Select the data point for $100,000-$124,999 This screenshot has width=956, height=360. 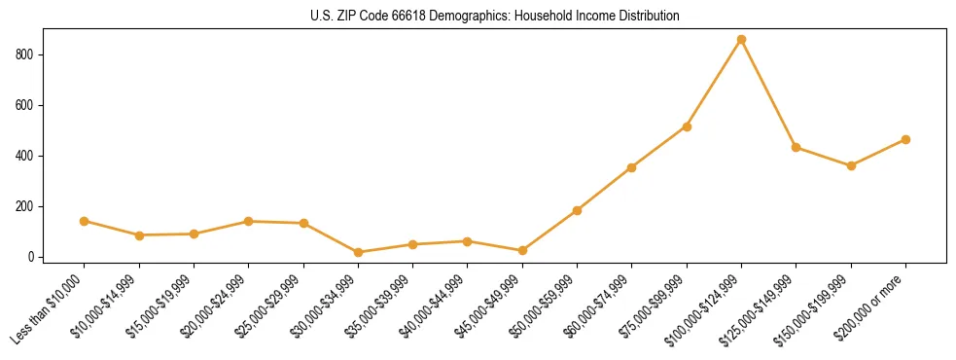[741, 40]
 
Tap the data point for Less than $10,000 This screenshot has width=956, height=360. [85, 221]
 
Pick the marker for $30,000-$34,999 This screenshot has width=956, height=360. [358, 252]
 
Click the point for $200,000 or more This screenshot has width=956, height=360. [905, 139]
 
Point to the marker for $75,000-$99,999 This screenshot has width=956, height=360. [687, 126]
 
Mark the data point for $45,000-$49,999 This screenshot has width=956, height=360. [522, 250]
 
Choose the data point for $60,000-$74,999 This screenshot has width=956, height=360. [632, 167]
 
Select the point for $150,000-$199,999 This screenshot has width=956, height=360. [851, 165]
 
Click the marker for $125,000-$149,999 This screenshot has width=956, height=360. [797, 147]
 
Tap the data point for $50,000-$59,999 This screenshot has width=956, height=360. [577, 210]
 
